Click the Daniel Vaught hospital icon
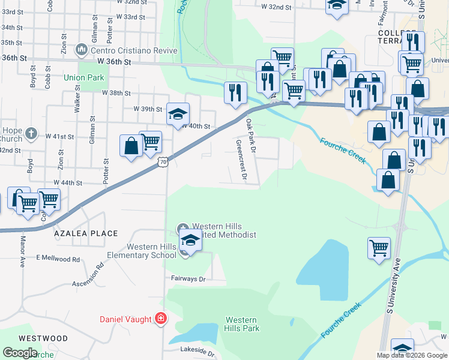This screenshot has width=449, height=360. coord(160,319)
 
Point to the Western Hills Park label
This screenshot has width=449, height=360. coord(242,324)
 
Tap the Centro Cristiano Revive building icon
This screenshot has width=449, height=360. coord(80,49)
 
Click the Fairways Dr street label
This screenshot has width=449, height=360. coord(188,279)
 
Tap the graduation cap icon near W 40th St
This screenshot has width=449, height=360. coord(178,113)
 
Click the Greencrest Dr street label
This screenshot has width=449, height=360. coord(241,160)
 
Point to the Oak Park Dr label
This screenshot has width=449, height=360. coord(251,135)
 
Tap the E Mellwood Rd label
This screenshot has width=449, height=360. coord(58,259)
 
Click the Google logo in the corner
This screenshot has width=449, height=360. coord(20,352)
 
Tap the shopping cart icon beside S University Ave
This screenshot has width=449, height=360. coord(379,247)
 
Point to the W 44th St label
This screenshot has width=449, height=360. coord(67,182)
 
